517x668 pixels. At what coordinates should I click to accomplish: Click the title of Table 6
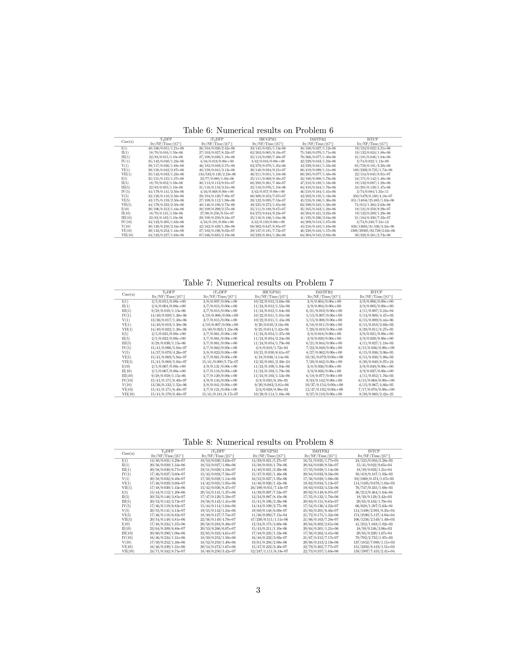[x=258, y=131]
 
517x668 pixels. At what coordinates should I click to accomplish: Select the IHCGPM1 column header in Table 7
[x=271, y=292]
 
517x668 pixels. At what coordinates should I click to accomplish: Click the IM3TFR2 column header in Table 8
[x=321, y=451]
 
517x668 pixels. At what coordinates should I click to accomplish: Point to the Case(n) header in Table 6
[x=127, y=142]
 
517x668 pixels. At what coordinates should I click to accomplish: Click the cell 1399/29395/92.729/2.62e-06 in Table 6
[x=372, y=231]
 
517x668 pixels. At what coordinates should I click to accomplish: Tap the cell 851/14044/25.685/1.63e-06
[x=372, y=200]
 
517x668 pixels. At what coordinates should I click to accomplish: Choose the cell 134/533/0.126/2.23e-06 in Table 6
[x=217, y=174]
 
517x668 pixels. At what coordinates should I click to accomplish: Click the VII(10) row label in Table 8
[x=128, y=551]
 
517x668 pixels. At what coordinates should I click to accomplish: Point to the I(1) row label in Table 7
[x=125, y=301]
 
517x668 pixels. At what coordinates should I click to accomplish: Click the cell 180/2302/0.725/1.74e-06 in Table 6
[x=372, y=170]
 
